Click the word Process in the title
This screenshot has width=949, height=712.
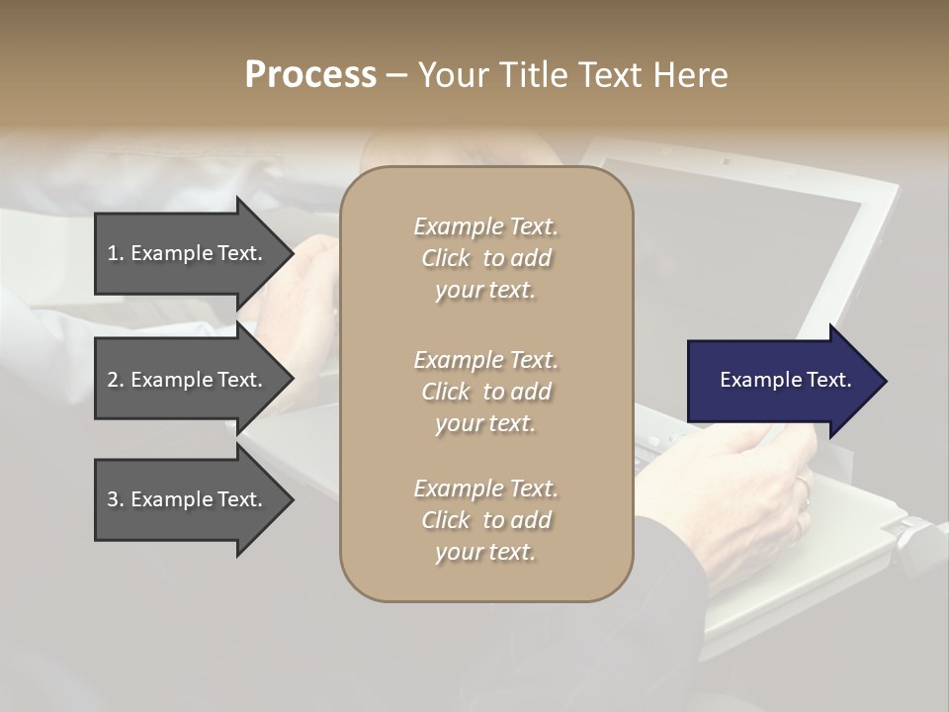pos(310,75)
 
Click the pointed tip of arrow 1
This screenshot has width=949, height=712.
pos(291,253)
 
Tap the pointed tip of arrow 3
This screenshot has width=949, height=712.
pos(291,499)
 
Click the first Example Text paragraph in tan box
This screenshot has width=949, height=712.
pos(485,258)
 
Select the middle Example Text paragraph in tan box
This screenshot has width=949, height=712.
pos(485,391)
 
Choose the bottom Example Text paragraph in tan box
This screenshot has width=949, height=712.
pos(485,520)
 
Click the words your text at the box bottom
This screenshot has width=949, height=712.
pos(485,553)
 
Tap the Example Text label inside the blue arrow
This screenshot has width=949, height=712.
pos(785,380)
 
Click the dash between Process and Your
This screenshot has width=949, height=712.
pos(396,75)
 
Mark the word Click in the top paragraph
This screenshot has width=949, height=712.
pos(446,258)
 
